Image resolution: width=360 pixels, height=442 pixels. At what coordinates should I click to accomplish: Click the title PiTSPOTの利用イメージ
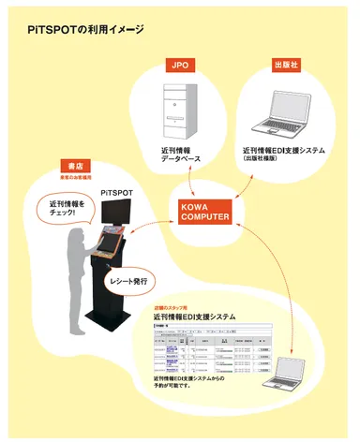85,30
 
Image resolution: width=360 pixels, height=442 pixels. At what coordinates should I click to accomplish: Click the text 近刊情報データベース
180,155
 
